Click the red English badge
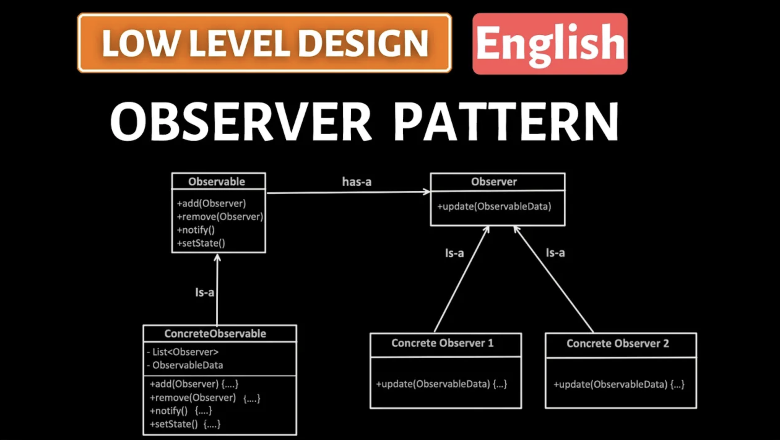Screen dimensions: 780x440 pos(550,44)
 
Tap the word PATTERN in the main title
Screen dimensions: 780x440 pos(506,122)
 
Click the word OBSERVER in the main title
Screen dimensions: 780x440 pos(241,122)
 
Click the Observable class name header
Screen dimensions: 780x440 pos(217,182)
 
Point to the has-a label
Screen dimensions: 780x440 pos(357,182)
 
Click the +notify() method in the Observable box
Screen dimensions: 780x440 pos(196,230)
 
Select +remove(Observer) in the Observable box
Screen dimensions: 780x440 pos(220,217)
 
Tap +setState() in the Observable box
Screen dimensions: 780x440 pos(201,243)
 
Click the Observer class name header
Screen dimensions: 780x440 pos(494,182)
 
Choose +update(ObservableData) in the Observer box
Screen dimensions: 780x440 pos(494,206)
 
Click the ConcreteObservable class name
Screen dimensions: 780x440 pos(215,334)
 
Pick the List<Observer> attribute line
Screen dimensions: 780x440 pos(183,352)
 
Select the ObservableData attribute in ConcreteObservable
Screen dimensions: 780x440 pos(185,365)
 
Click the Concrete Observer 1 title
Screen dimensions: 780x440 pos(443,343)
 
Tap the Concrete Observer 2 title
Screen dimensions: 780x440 pos(618,343)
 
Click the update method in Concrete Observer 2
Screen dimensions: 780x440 pos(619,384)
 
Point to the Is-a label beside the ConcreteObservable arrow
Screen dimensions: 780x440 pos(205,292)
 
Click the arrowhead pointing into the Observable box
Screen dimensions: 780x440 pos(217,257)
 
